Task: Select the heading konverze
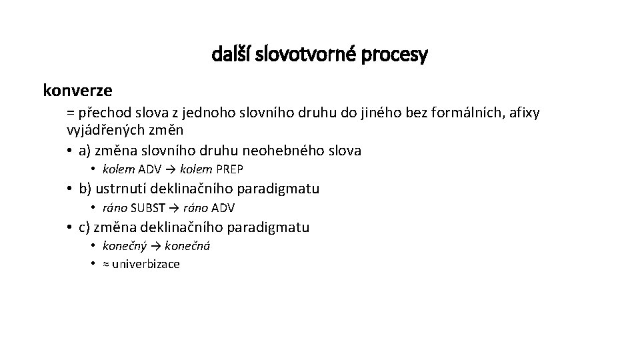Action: pos(78,89)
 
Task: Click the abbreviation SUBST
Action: pos(151,208)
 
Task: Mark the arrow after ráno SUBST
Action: pos(176,208)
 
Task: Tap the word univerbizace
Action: pos(146,264)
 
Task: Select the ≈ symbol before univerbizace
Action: pos(106,264)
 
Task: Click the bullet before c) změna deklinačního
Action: pos(70,227)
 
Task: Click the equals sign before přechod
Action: pos(71,112)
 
